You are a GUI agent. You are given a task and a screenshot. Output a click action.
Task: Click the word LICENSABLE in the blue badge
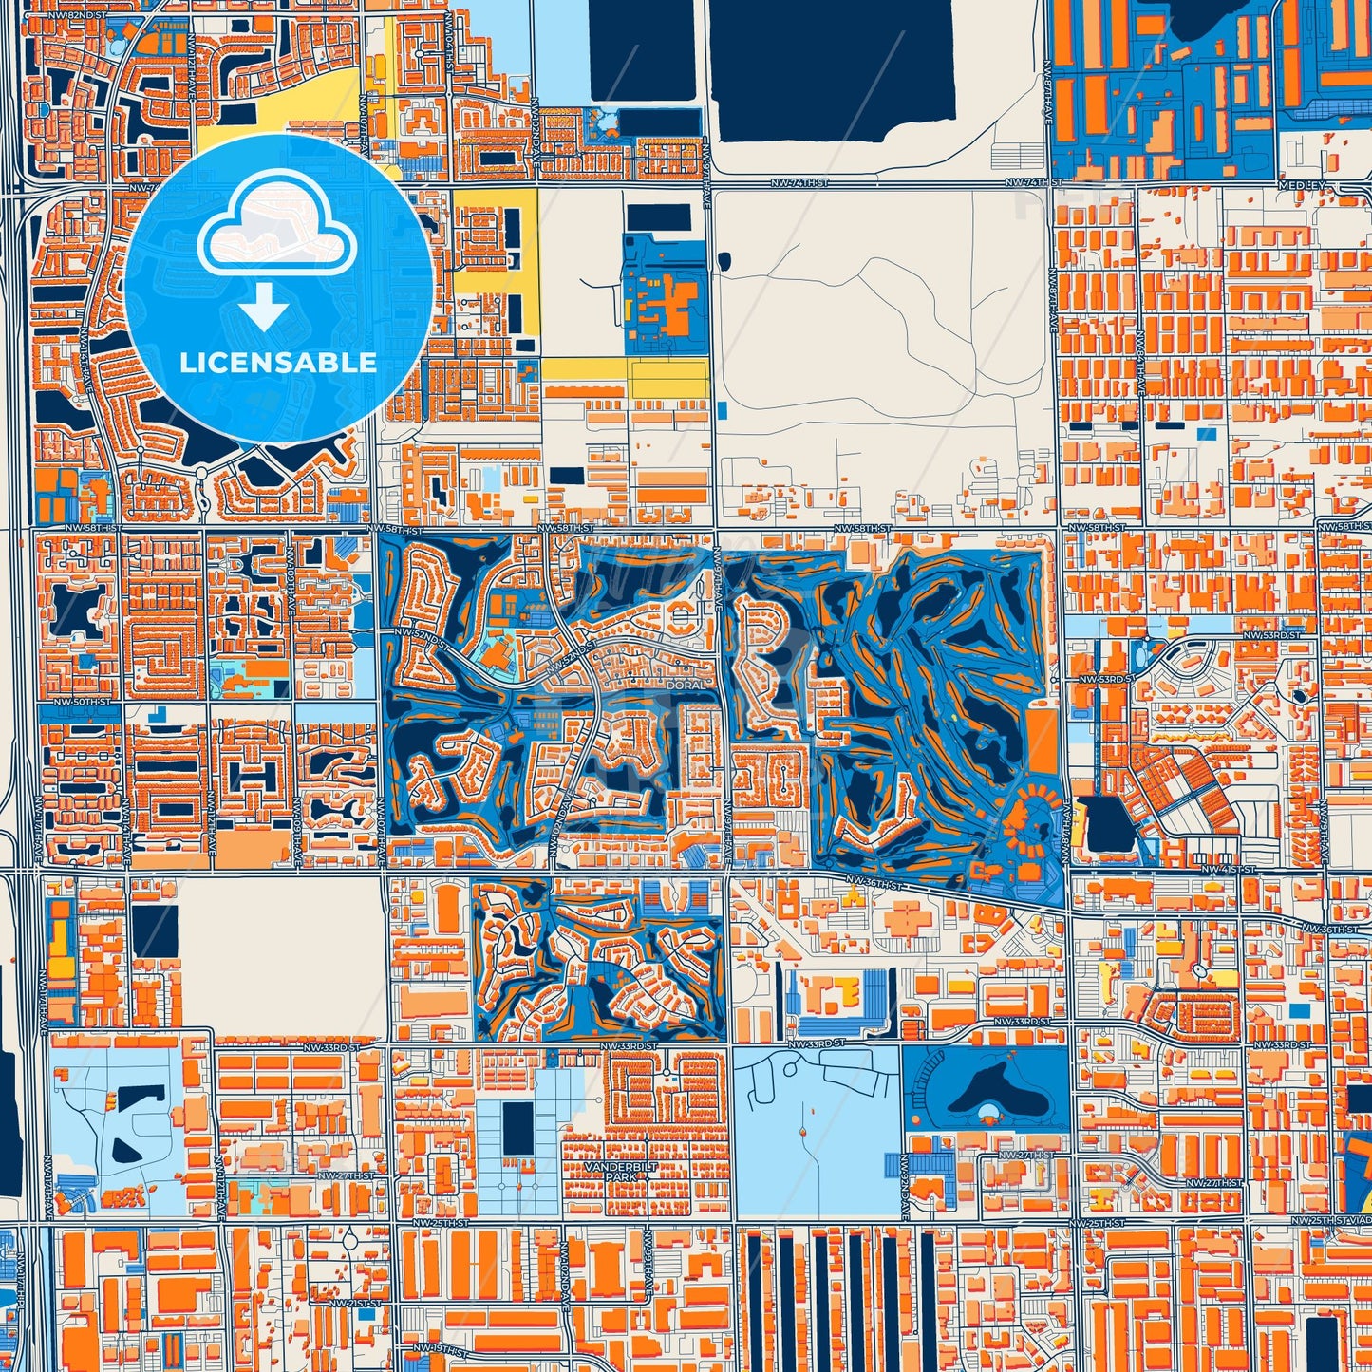(278, 362)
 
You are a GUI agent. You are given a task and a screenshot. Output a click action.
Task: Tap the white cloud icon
(277, 234)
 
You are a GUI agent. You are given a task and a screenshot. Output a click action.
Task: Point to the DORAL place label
(686, 685)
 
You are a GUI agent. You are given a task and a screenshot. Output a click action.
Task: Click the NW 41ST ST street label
(1227, 869)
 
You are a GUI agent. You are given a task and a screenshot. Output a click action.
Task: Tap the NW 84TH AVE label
(1141, 366)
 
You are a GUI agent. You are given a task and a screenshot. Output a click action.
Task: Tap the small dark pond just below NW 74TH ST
(724, 259)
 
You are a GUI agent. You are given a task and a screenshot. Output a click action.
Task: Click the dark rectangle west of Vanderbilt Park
(517, 1128)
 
